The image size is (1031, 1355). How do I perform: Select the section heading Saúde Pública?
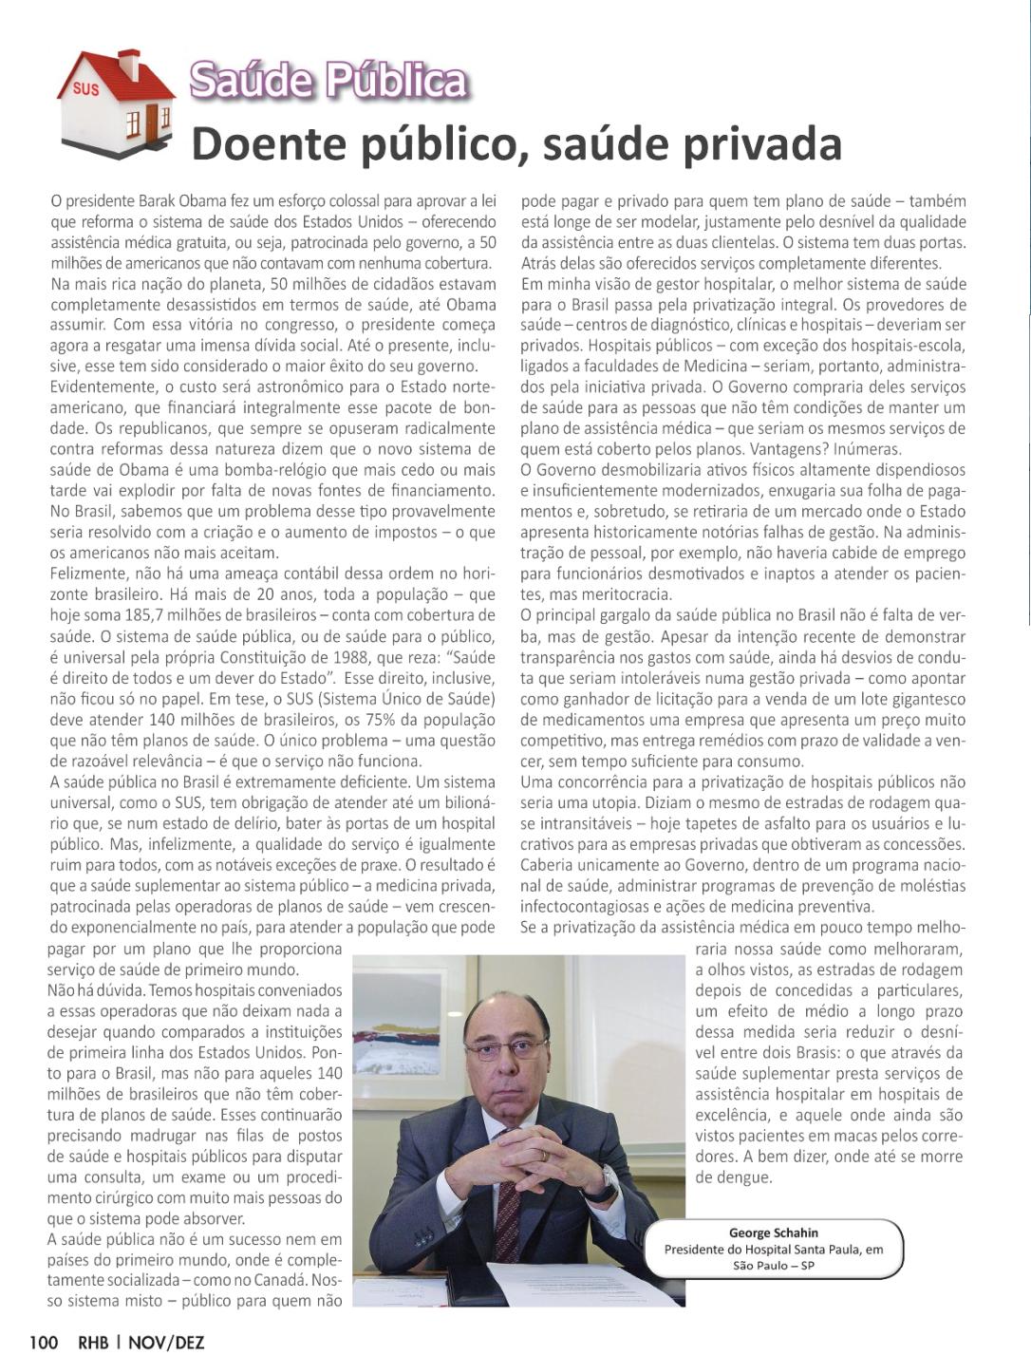tap(328, 81)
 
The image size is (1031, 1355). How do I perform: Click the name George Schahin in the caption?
tap(773, 1233)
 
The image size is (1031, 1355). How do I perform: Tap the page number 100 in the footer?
tap(44, 1342)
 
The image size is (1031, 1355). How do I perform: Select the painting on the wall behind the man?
tap(403, 1044)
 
